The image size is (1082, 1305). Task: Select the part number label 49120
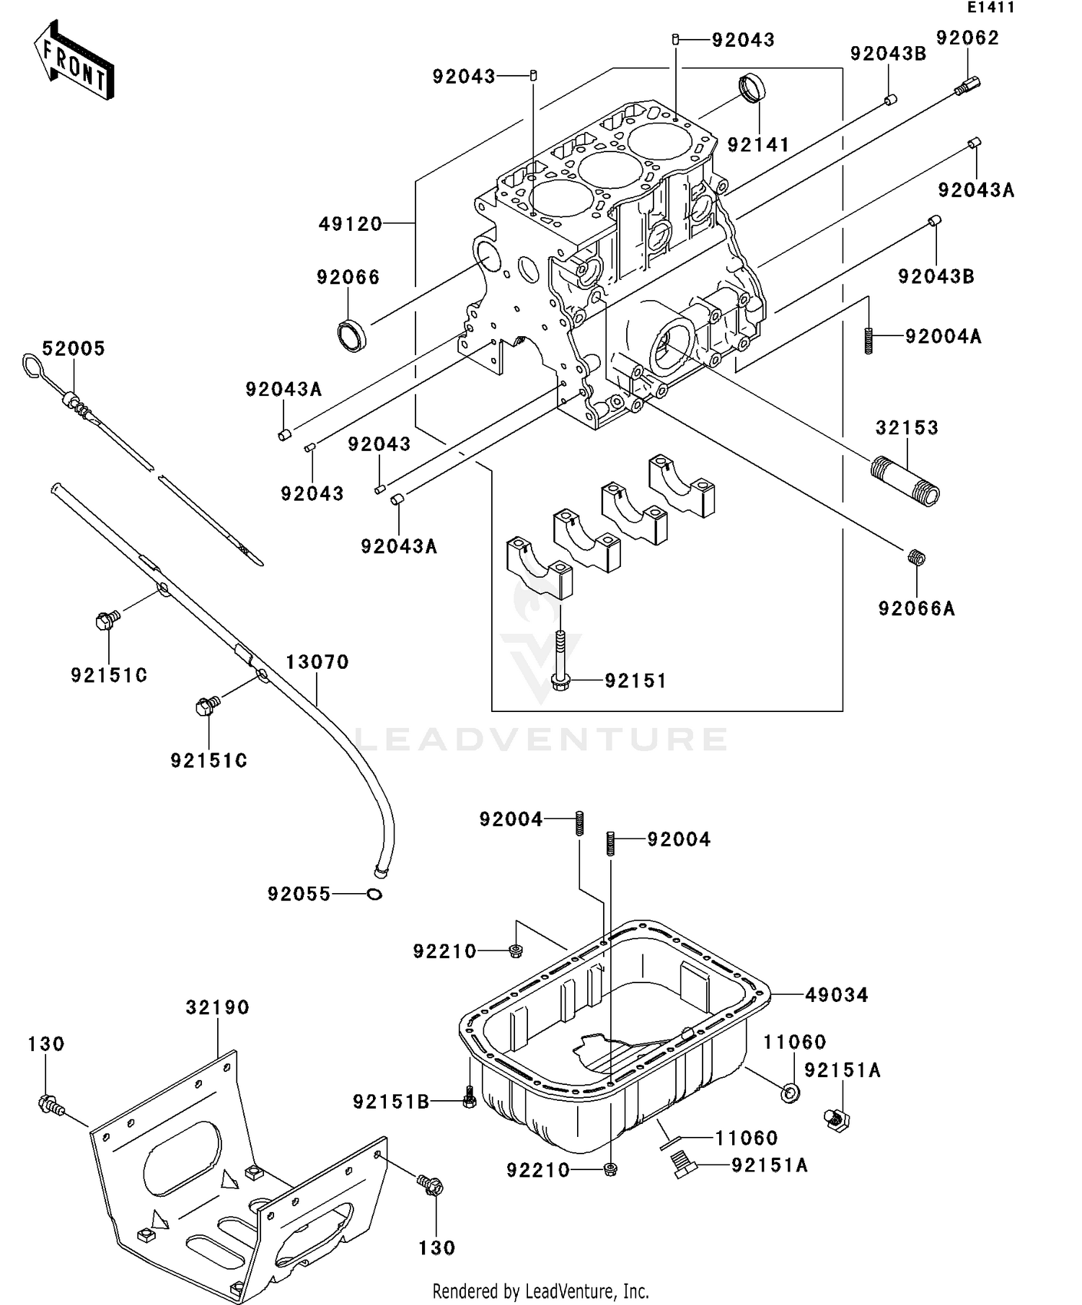tap(351, 224)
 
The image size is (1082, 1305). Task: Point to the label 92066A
tap(916, 609)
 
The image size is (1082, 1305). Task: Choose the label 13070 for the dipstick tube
tap(317, 662)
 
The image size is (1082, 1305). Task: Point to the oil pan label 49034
tap(837, 995)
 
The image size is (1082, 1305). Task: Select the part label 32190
tap(217, 1007)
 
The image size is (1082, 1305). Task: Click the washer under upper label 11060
tap(791, 1094)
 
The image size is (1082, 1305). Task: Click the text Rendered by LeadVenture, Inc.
tap(540, 1291)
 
